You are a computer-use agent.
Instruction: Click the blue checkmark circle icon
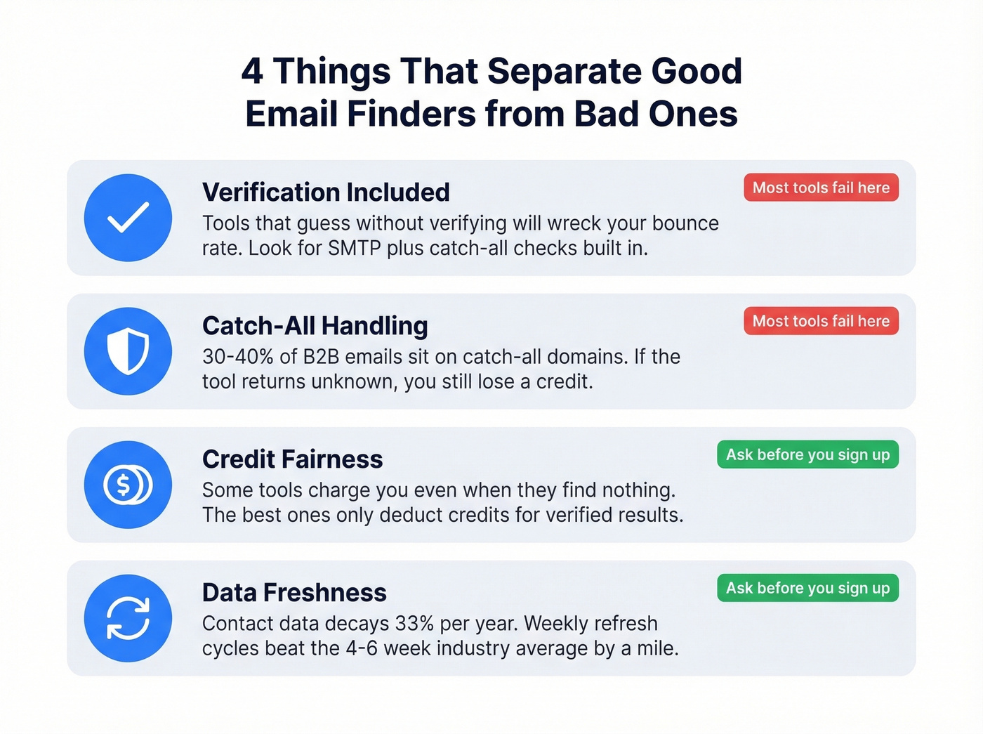click(x=128, y=218)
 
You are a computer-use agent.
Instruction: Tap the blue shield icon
click(x=128, y=351)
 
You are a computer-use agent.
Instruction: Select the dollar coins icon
click(x=128, y=485)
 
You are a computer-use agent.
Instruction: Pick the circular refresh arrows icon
click(x=128, y=618)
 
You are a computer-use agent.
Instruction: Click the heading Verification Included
click(x=326, y=192)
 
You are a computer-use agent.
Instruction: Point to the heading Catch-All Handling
click(x=315, y=326)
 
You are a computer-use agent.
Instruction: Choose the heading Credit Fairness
click(x=292, y=459)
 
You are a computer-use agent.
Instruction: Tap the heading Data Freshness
click(x=294, y=593)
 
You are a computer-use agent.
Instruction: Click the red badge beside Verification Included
click(x=821, y=188)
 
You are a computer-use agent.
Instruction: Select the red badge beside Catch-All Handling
click(x=821, y=321)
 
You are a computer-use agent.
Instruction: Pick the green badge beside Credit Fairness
click(x=807, y=454)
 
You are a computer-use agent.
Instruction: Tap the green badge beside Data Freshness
click(x=807, y=588)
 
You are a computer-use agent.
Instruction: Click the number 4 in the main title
click(x=252, y=72)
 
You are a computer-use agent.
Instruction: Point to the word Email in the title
click(x=291, y=114)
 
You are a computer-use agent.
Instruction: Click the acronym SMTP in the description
click(x=354, y=249)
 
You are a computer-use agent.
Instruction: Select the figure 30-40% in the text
click(x=237, y=357)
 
